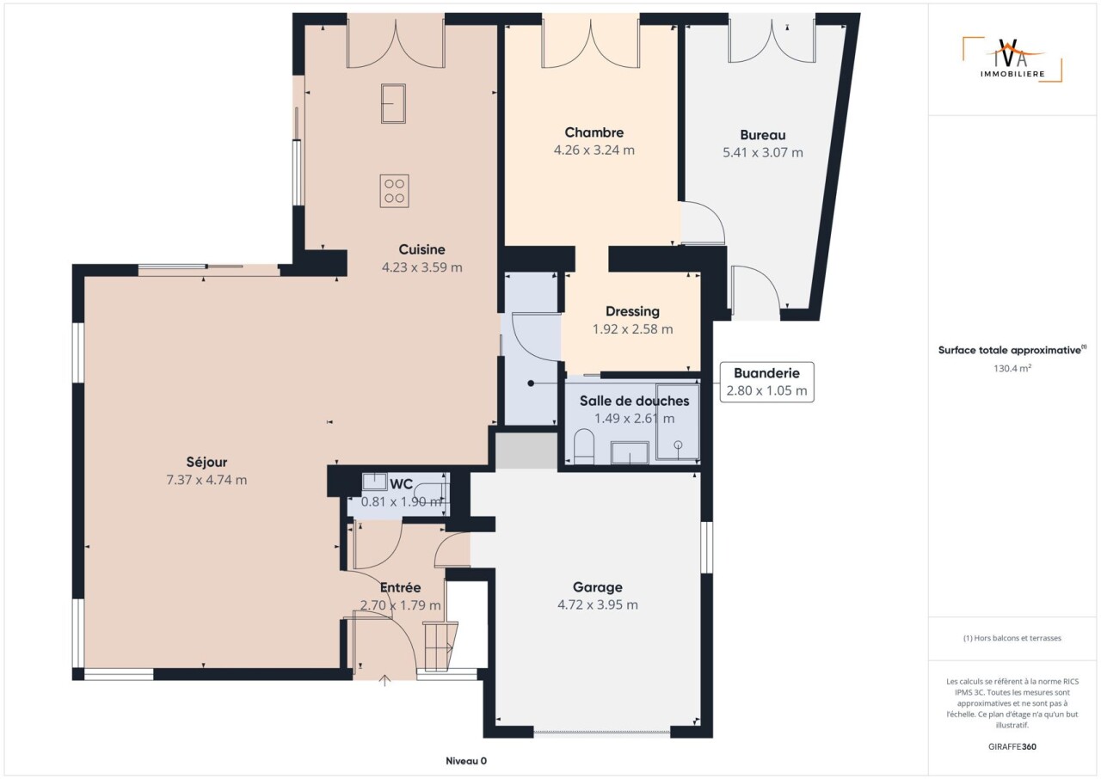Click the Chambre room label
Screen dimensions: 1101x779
point(594,132)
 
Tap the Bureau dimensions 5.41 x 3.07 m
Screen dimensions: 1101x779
point(762,153)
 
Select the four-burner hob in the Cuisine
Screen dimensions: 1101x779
point(394,191)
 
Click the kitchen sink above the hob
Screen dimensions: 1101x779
point(393,104)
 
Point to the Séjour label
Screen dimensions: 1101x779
point(206,463)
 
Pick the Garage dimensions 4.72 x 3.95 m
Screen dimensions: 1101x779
point(597,604)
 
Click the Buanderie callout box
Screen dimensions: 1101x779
point(766,382)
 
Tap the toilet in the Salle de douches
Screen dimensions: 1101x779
point(584,446)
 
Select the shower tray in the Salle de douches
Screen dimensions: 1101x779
point(678,422)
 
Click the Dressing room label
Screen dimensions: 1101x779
point(632,311)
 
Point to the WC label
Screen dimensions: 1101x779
point(401,484)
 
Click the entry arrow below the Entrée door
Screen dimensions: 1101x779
point(384,680)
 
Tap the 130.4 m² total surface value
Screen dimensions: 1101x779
point(1012,368)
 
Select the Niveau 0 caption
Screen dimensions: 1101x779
point(466,761)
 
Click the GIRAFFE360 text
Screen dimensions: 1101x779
point(1012,746)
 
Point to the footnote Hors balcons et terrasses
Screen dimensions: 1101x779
point(1012,638)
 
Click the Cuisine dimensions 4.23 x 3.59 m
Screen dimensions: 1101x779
point(421,267)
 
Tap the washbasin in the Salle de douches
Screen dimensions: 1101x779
point(630,452)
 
